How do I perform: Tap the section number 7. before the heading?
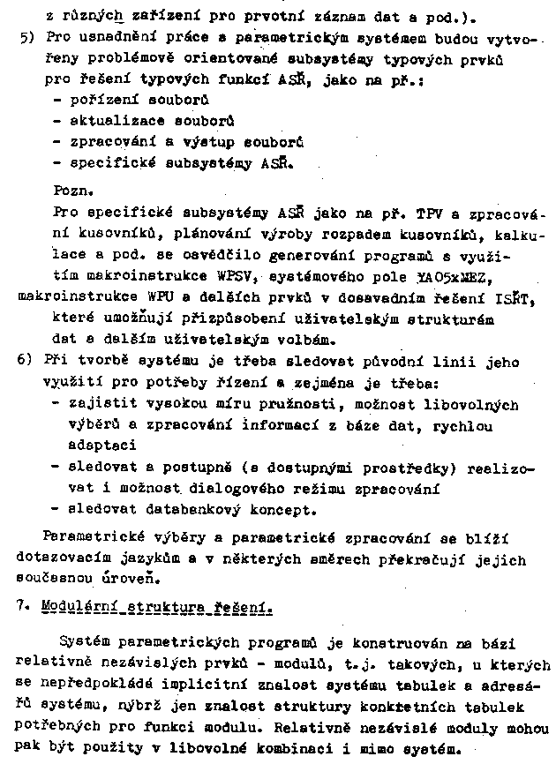(24, 607)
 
